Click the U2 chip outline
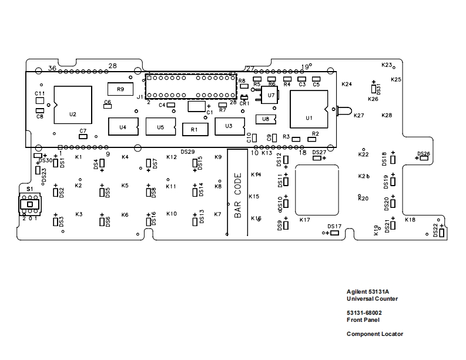[73, 105]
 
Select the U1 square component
[308, 109]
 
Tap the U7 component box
[271, 95]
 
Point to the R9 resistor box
[120, 89]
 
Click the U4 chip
[123, 126]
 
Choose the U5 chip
[160, 126]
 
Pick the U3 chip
[229, 126]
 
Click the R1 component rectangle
[195, 129]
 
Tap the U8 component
[266, 119]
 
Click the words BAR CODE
[238, 195]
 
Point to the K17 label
[304, 220]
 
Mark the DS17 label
[334, 226]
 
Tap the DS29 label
[187, 152]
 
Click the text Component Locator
[374, 334]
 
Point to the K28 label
[387, 116]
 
